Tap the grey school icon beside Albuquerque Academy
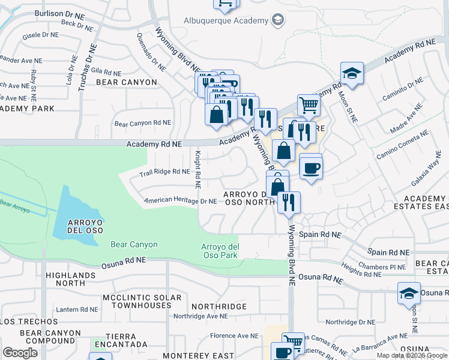pos(277,21)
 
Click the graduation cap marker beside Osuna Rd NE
pos(409,295)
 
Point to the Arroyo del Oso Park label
pos(220,251)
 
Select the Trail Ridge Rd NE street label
pos(164,172)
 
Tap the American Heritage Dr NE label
pos(180,201)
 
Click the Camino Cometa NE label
pos(402,145)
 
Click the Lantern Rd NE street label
pos(77,310)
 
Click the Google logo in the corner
pos(20,352)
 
